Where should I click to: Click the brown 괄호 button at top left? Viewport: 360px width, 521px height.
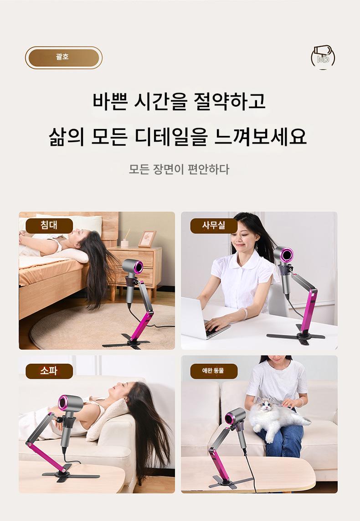[x=63, y=57]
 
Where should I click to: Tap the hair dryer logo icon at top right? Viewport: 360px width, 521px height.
[x=323, y=57]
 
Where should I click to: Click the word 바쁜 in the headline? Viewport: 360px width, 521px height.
[x=110, y=101]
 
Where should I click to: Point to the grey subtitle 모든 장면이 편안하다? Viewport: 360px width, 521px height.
[x=179, y=169]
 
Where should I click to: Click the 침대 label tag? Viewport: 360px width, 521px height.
[x=49, y=226]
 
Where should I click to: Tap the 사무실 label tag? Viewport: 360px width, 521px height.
[x=214, y=226]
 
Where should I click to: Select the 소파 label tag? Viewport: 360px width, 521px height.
[x=49, y=371]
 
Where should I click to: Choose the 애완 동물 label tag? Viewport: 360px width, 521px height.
[x=214, y=371]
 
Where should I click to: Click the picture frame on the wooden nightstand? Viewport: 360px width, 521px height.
[x=147, y=239]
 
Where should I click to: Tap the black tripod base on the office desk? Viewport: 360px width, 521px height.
[x=296, y=336]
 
